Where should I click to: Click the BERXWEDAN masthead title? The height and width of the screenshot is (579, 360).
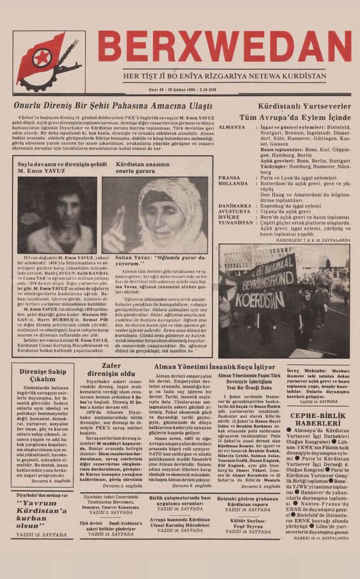(x=224, y=47)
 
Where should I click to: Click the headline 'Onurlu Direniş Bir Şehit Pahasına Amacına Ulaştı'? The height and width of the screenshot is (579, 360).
(x=112, y=106)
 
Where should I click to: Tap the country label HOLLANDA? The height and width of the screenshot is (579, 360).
(x=233, y=183)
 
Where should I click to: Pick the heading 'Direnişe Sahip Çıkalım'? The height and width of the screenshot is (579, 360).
(x=43, y=375)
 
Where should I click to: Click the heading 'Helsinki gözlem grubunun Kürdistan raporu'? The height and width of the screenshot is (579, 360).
(x=248, y=502)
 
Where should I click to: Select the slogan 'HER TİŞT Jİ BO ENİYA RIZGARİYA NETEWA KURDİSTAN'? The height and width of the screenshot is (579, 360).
(x=224, y=76)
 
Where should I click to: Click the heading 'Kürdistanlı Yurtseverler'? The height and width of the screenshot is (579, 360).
(x=304, y=106)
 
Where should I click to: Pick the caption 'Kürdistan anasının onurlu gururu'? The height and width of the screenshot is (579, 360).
(x=141, y=167)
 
